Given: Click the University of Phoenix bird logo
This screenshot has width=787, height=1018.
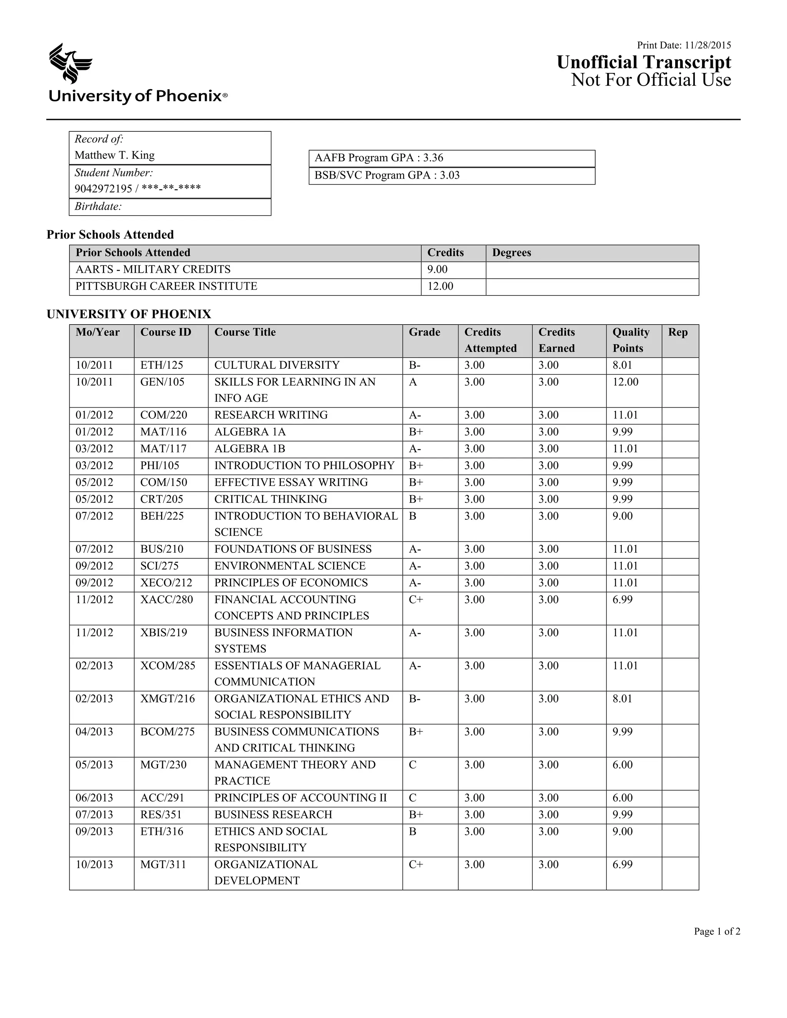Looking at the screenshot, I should (x=70, y=63).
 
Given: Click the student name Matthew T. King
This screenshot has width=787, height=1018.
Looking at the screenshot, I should (x=114, y=155).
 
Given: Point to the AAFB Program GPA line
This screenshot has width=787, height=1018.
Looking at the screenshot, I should (x=379, y=158).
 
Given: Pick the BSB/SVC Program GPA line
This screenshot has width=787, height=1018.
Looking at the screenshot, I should (x=387, y=175).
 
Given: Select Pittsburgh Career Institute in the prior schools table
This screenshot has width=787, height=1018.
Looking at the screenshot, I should (x=166, y=286).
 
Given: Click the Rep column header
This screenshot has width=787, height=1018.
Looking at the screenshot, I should (x=677, y=332).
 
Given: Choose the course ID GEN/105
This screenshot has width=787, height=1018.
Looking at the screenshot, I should (x=162, y=382).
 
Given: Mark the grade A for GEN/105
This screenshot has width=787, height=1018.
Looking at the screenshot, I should (x=413, y=382).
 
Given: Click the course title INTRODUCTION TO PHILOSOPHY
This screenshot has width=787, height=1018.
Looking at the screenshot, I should (x=304, y=466).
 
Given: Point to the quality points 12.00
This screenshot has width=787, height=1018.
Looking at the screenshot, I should (x=625, y=382).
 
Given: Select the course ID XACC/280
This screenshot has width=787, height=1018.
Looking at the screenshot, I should (x=166, y=600).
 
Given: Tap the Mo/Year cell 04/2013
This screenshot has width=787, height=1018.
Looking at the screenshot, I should (x=94, y=732).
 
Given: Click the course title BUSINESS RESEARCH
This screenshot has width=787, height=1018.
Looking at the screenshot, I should (x=273, y=815).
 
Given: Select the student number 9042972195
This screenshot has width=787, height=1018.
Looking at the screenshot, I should (x=103, y=189).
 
